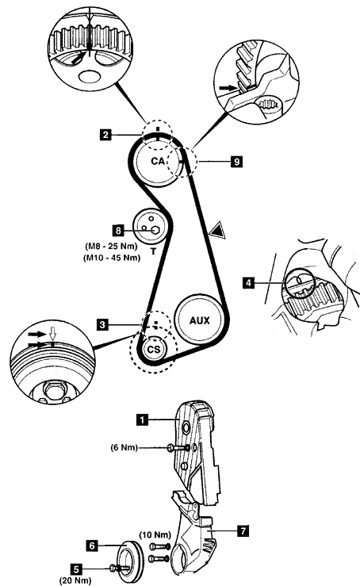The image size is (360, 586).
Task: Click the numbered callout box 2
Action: [105, 134]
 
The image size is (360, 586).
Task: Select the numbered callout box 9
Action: [236, 162]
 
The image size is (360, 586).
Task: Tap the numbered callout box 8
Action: [118, 230]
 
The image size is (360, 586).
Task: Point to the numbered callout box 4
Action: [248, 283]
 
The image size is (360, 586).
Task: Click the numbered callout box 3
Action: [103, 325]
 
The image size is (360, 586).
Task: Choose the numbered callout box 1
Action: [142, 419]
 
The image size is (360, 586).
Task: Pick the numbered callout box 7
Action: [243, 530]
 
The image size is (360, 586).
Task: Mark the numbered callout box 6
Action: [92, 546]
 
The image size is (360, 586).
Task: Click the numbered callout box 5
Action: [76, 569]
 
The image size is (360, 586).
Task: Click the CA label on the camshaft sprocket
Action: [158, 161]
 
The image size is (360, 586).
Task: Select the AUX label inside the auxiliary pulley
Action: [200, 320]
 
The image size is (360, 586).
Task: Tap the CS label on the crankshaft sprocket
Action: [154, 350]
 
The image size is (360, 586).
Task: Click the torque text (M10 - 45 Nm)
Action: [112, 258]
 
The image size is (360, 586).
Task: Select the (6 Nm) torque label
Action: [124, 447]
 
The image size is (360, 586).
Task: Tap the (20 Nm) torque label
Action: [75, 580]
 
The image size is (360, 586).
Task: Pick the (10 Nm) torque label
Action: [155, 535]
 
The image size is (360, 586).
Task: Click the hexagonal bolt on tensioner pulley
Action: [156, 230]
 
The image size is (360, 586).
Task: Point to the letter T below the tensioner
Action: [153, 252]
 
